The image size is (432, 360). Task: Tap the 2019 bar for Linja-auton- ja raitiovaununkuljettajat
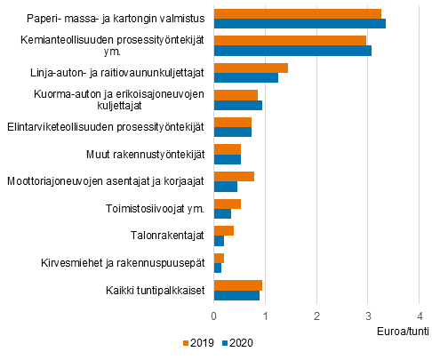[x=251, y=68]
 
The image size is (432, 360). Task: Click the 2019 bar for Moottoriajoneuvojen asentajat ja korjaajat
[x=234, y=176]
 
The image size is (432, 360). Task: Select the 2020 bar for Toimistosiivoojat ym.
[x=222, y=214]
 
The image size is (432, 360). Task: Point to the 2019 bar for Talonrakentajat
[x=224, y=230]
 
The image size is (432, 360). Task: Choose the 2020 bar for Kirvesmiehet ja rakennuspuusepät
[x=218, y=268]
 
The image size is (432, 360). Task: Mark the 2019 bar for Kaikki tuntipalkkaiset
[x=238, y=284]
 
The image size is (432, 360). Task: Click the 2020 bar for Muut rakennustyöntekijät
[x=228, y=160]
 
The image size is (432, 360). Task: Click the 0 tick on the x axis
[x=214, y=316]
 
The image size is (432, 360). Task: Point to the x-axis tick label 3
[x=368, y=316]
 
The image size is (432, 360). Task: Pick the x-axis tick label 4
[x=419, y=316]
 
